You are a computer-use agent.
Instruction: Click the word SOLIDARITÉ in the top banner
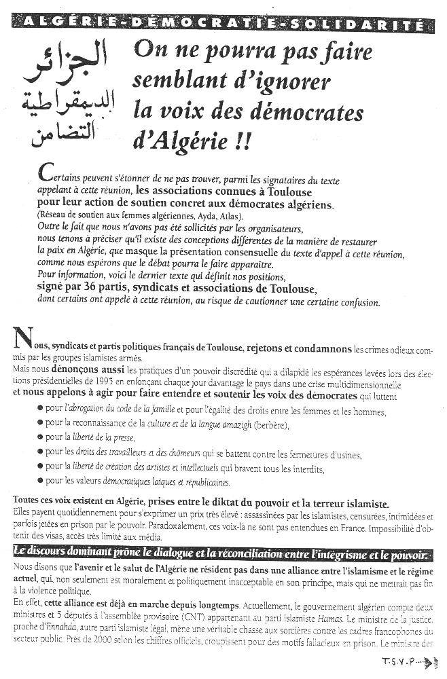coord(375,25)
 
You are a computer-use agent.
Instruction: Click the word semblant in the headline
coord(175,80)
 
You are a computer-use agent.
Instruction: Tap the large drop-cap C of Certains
coord(46,173)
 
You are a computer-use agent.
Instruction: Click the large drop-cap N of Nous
coord(22,337)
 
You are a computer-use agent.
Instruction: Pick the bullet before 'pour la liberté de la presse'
coord(40,439)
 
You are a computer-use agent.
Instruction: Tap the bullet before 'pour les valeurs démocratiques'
coord(40,481)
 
